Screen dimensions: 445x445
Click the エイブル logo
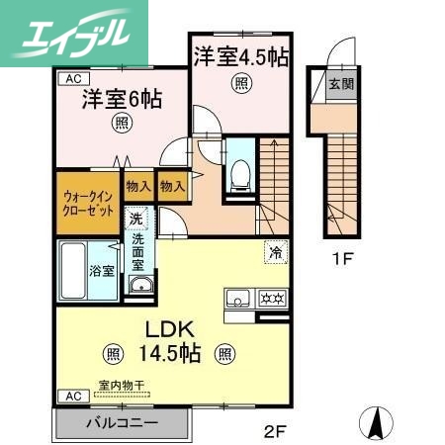(73, 32)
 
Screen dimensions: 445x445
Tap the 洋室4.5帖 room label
(240, 56)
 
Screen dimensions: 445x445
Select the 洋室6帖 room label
(122, 100)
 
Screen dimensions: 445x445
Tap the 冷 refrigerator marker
(274, 253)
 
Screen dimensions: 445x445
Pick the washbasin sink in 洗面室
(139, 287)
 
